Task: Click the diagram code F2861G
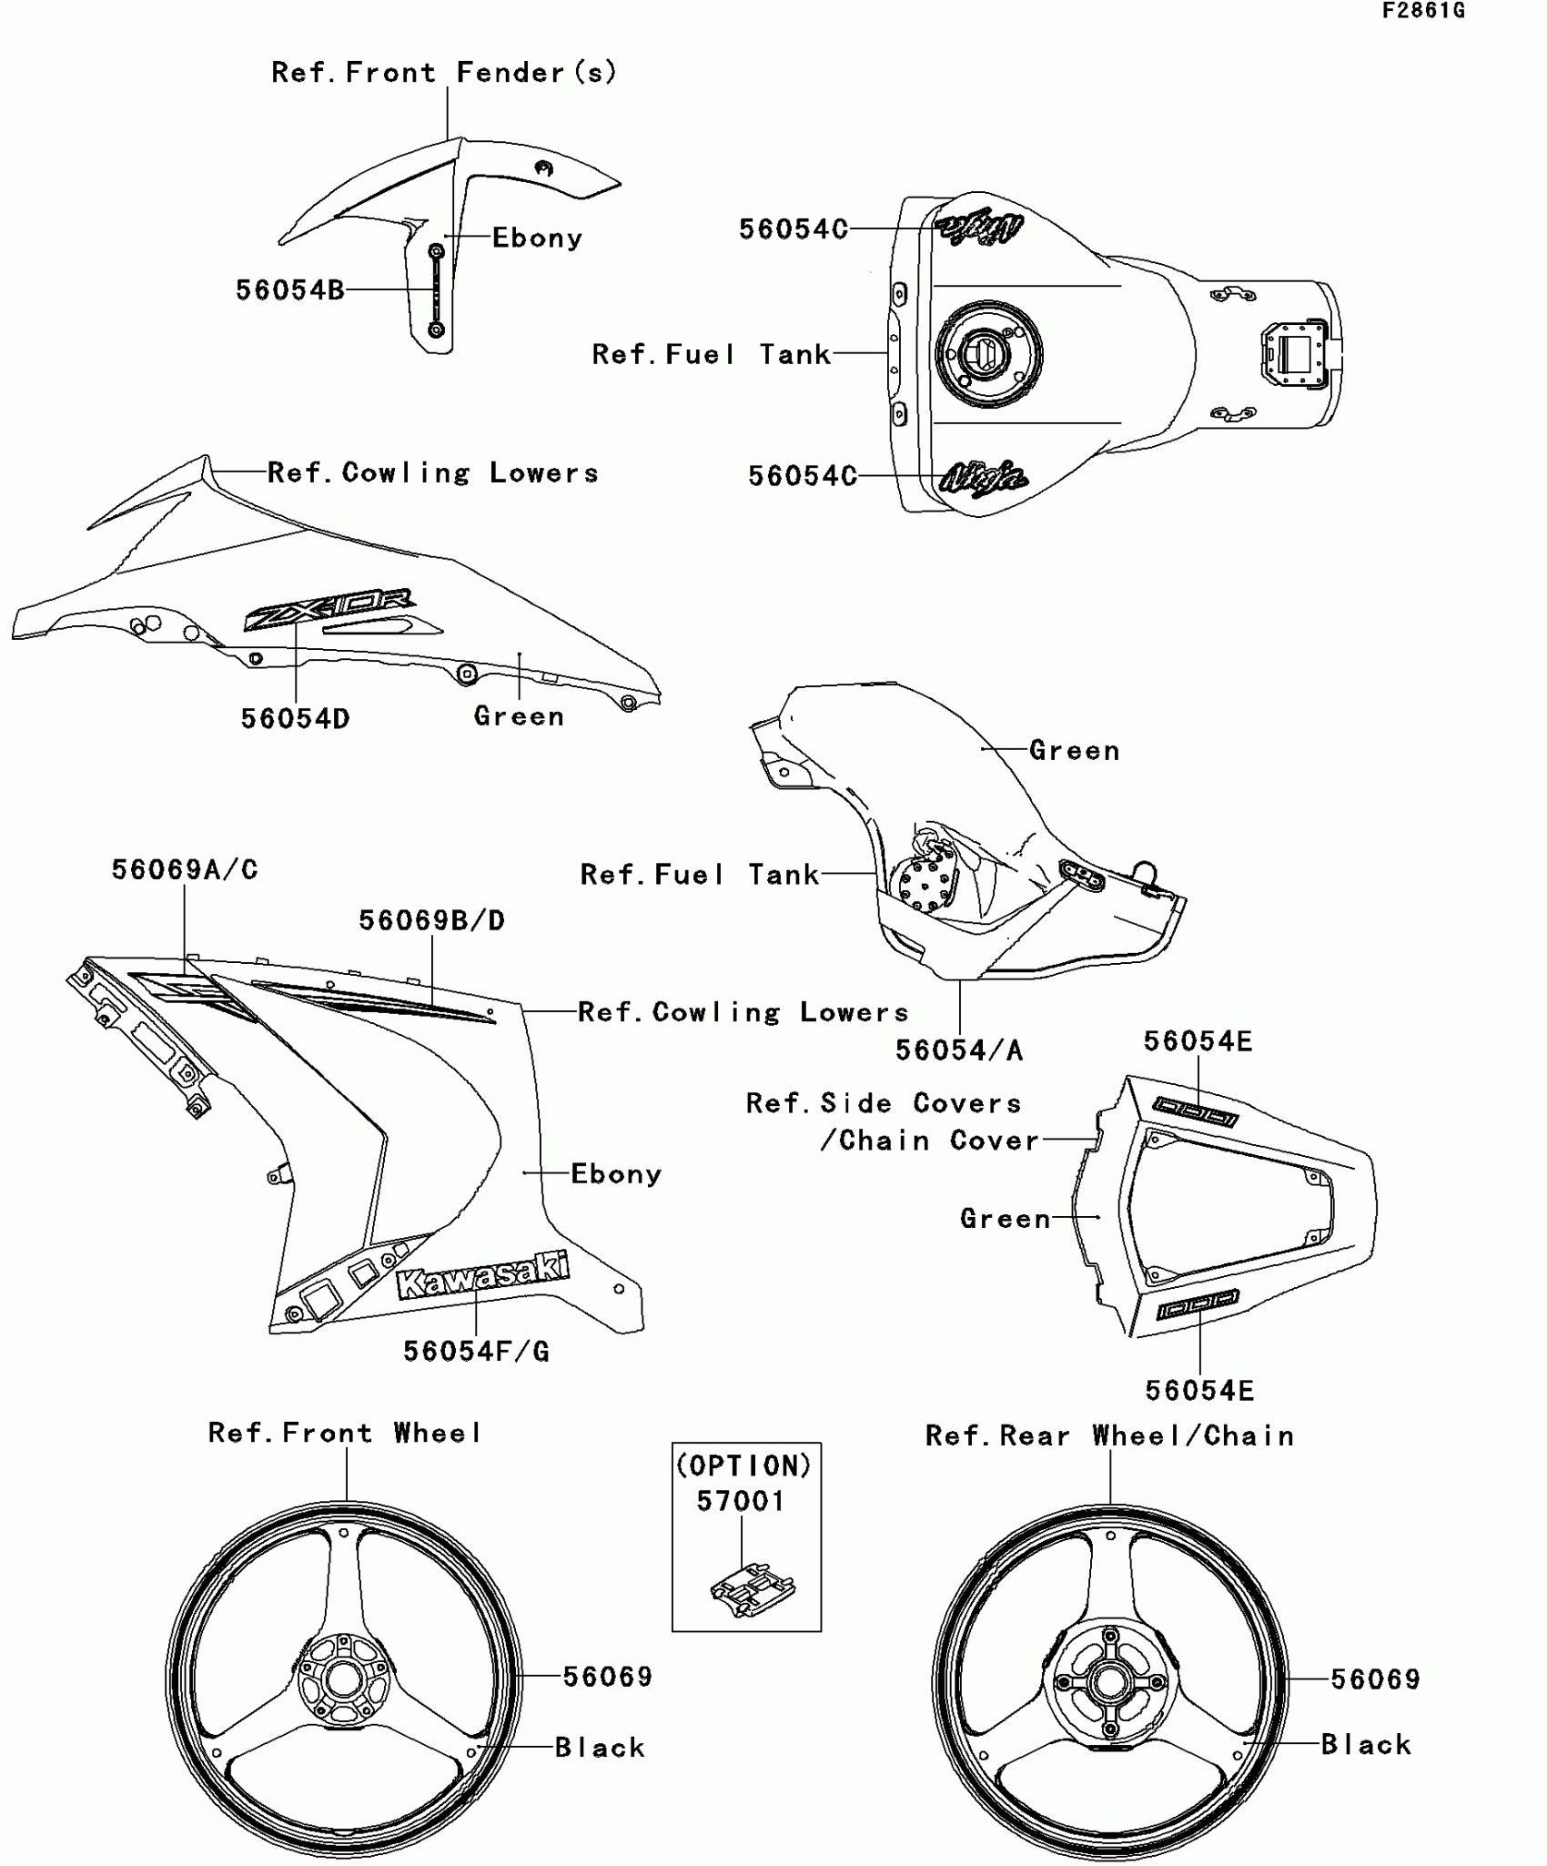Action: [1423, 11]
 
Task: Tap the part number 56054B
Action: [289, 290]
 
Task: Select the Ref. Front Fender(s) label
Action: [444, 73]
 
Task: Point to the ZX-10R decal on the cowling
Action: [329, 609]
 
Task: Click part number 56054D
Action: [295, 719]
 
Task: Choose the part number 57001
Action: [741, 1501]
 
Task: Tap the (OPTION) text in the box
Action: [743, 1465]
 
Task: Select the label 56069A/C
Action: [185, 870]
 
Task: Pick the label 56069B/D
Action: [431, 921]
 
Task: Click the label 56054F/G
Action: [476, 1352]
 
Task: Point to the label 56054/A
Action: [959, 1050]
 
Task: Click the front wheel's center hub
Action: [344, 1680]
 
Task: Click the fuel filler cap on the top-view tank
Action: [987, 353]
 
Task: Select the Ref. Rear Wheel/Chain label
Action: [1109, 1436]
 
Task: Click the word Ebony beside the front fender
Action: [537, 238]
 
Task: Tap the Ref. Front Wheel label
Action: [345, 1434]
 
